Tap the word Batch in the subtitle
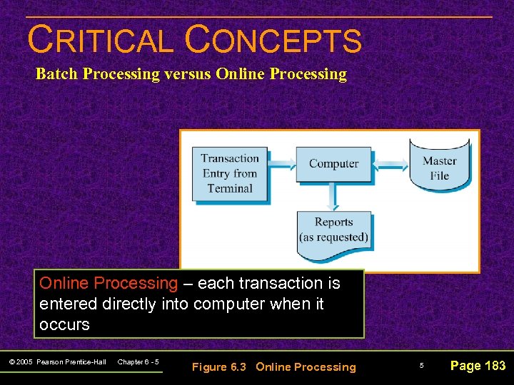pyautogui.click(x=55, y=74)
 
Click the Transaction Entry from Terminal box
pyautogui.click(x=230, y=174)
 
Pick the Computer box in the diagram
pyautogui.click(x=333, y=164)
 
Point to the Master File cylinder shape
pyautogui.click(x=440, y=167)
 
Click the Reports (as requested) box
pyautogui.click(x=333, y=230)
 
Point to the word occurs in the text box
pyautogui.click(x=64, y=324)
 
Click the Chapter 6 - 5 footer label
pyautogui.click(x=138, y=362)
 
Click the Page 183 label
pyautogui.click(x=478, y=366)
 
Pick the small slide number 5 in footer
pyautogui.click(x=421, y=366)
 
